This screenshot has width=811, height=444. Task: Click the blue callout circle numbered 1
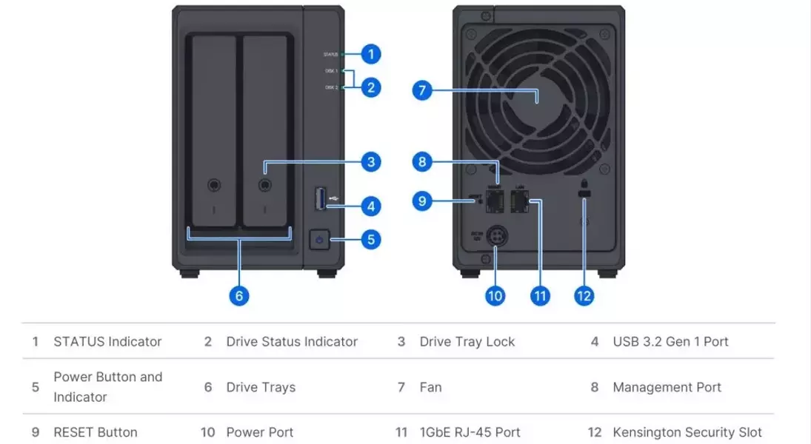pos(371,53)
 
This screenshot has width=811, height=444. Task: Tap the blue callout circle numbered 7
pos(421,91)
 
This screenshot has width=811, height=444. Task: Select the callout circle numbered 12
pos(584,295)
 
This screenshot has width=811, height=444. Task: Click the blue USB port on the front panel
pos(321,198)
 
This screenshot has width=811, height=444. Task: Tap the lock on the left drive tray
pos(213,184)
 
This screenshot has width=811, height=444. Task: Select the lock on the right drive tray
pos(264,184)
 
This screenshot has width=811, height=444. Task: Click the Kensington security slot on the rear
pos(585,195)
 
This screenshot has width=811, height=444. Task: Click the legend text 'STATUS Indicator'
pos(107,342)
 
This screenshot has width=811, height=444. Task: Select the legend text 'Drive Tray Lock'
pos(467,342)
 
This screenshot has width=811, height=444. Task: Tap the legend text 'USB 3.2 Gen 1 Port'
pos(670,342)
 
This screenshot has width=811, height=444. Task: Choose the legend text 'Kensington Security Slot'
pos(687,432)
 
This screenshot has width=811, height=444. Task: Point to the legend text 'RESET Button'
pos(96,432)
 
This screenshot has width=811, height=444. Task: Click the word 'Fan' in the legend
pos(430,387)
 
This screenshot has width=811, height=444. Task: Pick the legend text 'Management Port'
pos(667,387)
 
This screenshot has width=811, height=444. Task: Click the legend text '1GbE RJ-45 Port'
pos(470,432)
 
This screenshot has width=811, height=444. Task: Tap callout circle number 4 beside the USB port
pos(371,206)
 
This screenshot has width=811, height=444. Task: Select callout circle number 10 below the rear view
pos(495,295)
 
